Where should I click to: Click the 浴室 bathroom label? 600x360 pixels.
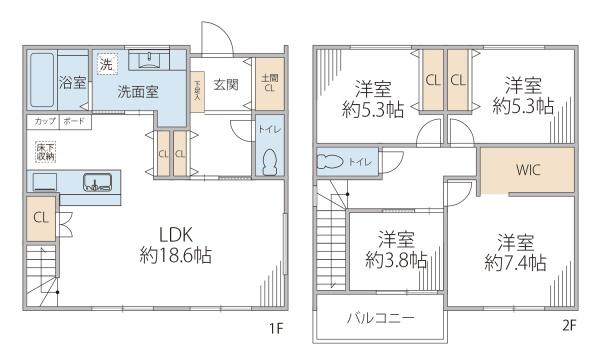pyautogui.click(x=73, y=83)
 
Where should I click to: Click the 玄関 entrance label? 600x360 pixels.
pyautogui.click(x=225, y=84)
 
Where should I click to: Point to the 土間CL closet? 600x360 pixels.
pyautogui.click(x=269, y=84)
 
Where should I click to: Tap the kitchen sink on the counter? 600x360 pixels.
pyautogui.click(x=97, y=182)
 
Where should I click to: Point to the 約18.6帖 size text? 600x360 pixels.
pyautogui.click(x=175, y=255)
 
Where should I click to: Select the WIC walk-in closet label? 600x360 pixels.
pyautogui.click(x=528, y=169)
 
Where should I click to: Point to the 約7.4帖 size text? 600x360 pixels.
pyautogui.click(x=515, y=264)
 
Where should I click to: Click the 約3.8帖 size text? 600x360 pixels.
pyautogui.click(x=397, y=260)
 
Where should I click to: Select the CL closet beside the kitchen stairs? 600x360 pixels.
pyautogui.click(x=40, y=217)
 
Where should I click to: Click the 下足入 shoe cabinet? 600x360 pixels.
pyautogui.click(x=197, y=91)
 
